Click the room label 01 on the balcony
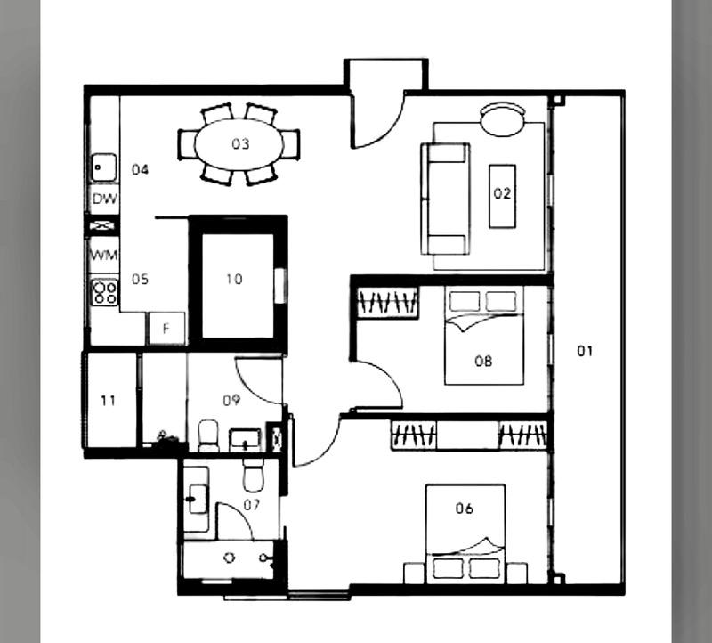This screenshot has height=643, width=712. (x=584, y=351)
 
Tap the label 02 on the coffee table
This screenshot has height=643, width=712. (x=502, y=193)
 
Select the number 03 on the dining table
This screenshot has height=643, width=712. (x=240, y=143)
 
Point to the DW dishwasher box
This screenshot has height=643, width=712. (x=103, y=198)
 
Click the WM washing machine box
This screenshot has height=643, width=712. (x=103, y=255)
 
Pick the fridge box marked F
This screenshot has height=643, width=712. (x=166, y=328)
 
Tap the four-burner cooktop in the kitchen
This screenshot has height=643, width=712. (x=104, y=291)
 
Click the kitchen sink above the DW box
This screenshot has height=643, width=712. (x=103, y=167)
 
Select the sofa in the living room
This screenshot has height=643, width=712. (x=446, y=198)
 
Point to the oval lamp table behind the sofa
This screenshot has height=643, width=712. (x=503, y=119)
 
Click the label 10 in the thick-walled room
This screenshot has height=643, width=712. (x=233, y=279)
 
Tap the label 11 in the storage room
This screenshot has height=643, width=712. (x=108, y=401)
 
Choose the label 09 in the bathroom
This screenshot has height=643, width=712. (x=231, y=401)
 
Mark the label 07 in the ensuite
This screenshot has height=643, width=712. (x=252, y=506)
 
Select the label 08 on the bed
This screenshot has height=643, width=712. (x=483, y=361)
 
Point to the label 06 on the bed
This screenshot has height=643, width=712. (x=464, y=509)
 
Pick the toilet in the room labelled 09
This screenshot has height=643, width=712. (x=207, y=435)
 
